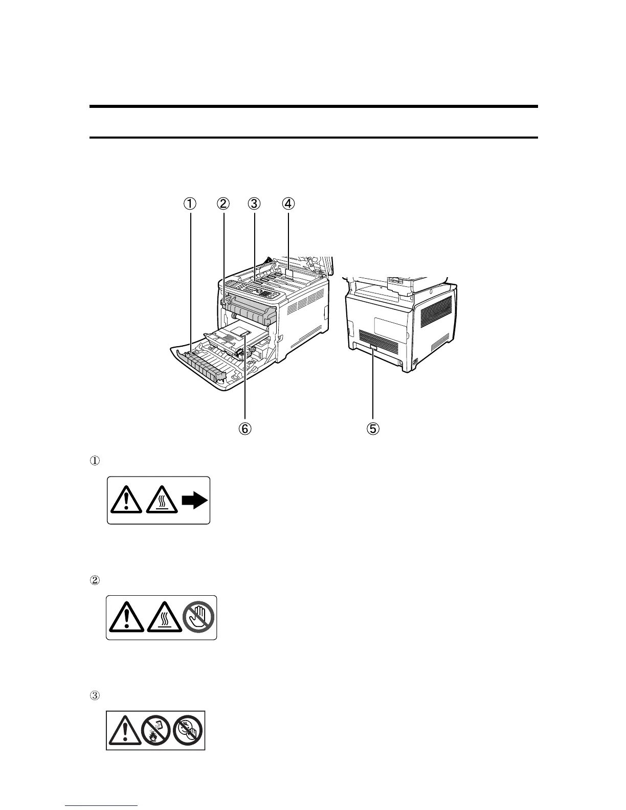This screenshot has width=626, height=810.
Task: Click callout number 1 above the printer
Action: pyautogui.click(x=190, y=204)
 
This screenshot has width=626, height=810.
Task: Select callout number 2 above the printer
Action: pyautogui.click(x=222, y=204)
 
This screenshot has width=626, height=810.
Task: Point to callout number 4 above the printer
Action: pyautogui.click(x=288, y=204)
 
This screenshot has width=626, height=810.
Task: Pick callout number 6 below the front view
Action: pyautogui.click(x=244, y=428)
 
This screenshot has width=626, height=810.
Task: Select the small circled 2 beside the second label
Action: pyautogui.click(x=94, y=580)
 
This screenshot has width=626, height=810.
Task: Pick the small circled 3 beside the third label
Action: pyautogui.click(x=94, y=695)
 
